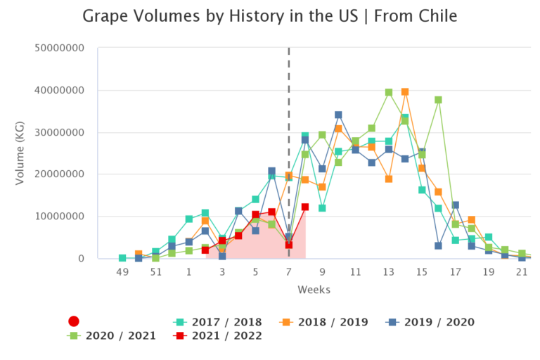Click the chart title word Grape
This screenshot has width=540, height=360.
coord(108,15)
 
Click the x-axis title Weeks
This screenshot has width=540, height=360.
coord(314,290)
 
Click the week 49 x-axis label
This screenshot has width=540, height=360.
coord(122,271)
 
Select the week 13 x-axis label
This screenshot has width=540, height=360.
coord(389,271)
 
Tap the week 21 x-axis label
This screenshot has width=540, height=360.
coord(522,271)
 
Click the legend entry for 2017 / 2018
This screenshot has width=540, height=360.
coord(218,322)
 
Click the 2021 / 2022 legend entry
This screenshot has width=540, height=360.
coord(218,335)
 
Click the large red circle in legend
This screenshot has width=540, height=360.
coord(73,321)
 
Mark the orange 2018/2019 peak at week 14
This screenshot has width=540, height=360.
coord(405,92)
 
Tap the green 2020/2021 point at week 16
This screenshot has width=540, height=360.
coord(438,100)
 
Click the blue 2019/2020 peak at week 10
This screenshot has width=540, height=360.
coord(338,115)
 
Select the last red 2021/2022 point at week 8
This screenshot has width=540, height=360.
coord(305,207)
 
